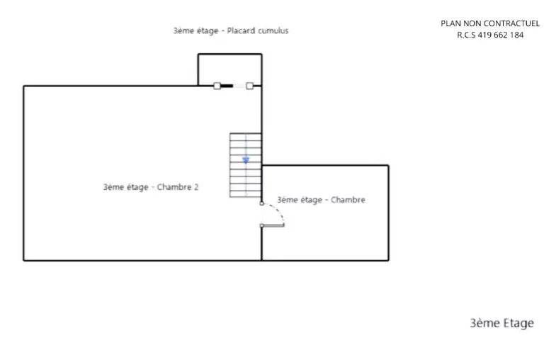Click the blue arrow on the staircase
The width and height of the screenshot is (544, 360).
[246, 160]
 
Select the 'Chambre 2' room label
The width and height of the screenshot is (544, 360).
[151, 187]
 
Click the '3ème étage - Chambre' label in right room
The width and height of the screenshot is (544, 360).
[321, 200]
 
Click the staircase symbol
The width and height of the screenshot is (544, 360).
[246, 165]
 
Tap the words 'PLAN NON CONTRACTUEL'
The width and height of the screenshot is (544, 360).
[490, 23]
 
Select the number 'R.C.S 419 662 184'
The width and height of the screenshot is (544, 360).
[490, 35]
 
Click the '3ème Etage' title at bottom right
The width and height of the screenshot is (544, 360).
[501, 323]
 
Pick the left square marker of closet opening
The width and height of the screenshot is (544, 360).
[217, 86]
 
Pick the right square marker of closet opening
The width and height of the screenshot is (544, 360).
[250, 86]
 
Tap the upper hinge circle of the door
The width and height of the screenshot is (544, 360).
[262, 203]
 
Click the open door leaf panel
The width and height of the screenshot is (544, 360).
[273, 225]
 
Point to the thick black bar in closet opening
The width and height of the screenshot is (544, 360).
[227, 86]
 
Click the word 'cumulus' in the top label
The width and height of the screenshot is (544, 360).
[273, 30]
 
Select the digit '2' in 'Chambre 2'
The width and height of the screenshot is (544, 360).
[196, 187]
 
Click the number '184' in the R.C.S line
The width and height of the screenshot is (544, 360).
[517, 35]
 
